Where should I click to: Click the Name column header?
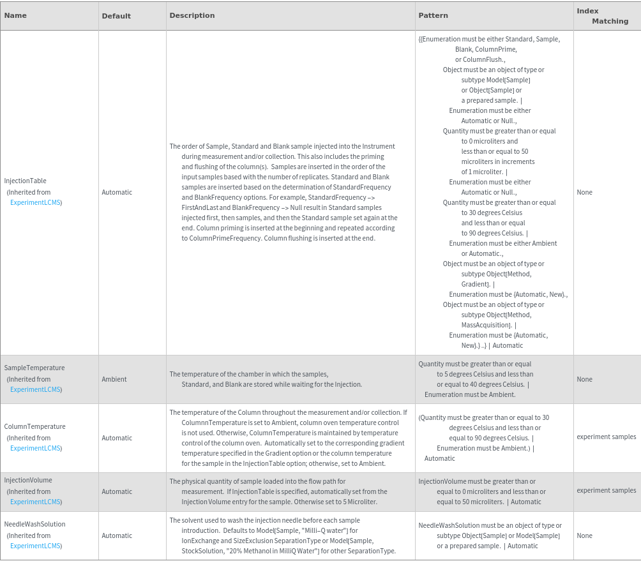15,15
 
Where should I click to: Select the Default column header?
116,15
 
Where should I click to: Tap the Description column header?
192,15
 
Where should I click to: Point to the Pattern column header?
433,15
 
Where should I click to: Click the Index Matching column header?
602,16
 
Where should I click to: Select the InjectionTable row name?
26,181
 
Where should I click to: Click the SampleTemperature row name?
34,368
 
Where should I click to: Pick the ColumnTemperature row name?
34,426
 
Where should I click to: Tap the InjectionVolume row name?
28,480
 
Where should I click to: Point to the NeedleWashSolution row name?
34,524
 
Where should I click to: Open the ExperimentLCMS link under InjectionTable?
36,202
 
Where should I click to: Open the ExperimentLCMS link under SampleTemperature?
36,389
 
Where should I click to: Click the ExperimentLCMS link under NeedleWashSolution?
36,546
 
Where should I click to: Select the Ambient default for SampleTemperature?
114,379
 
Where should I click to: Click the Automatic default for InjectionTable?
117,192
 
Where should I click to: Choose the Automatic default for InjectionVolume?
117,491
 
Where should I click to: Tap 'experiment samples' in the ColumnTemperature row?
606,437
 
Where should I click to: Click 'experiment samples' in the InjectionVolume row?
606,490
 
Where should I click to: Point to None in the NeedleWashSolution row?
584,535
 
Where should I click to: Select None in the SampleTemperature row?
584,379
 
